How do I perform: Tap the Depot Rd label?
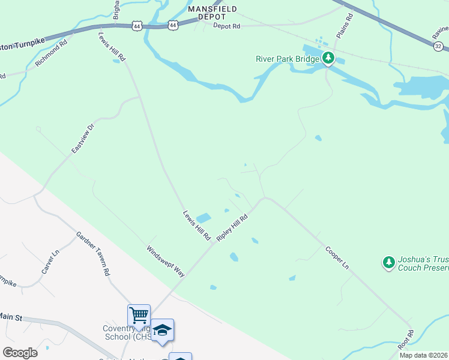pos(227,26)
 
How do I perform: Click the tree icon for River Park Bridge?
pos(328,59)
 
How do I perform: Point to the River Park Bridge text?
pos(288,59)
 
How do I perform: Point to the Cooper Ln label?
pos(337,256)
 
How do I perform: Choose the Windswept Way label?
pos(166,260)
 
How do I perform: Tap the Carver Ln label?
pos(51,262)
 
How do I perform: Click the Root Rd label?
pos(406,340)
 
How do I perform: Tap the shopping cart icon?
pos(139,314)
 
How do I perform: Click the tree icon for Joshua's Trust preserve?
pos(389,262)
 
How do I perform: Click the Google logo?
pos(20,353)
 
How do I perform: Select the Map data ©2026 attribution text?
pos(423,355)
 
